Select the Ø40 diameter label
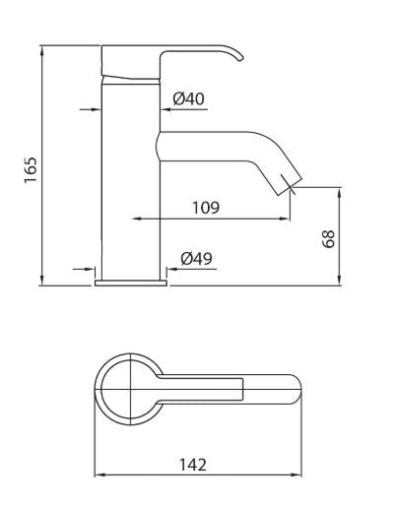click(187, 98)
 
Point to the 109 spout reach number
click(205, 208)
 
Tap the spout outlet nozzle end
click(289, 181)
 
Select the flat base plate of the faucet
click(130, 282)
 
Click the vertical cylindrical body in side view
click(131, 177)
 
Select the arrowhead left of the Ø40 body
click(99, 107)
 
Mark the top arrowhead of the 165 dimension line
click(43, 50)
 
